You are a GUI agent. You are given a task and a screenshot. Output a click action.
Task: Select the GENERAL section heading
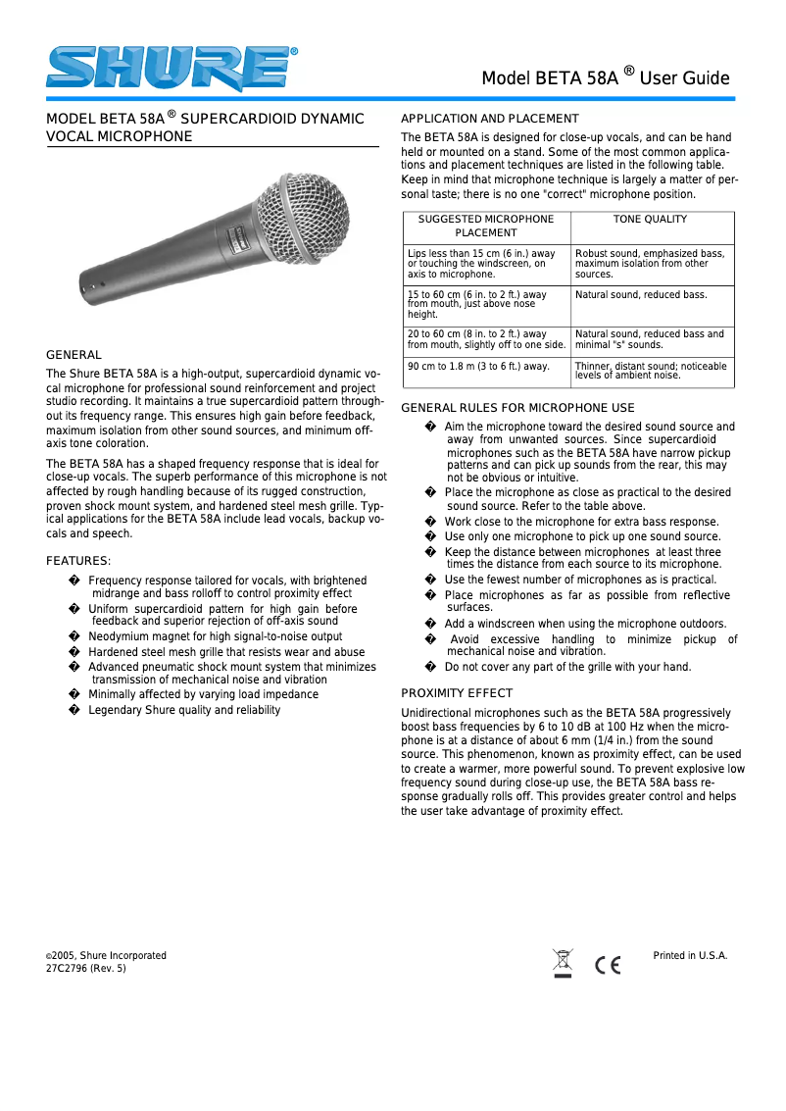[x=74, y=355]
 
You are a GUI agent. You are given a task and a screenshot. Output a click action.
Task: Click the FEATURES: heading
[x=78, y=561]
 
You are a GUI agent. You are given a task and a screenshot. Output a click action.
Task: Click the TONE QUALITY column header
[x=650, y=220]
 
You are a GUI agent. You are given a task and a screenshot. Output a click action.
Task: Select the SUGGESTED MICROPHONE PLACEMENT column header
[x=486, y=226]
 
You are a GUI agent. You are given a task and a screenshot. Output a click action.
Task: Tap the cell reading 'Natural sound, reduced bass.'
[x=641, y=294]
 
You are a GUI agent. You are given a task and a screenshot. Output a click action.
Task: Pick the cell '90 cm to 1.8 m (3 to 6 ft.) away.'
[x=478, y=367]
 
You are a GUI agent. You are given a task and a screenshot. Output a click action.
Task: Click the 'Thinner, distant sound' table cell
[x=651, y=371]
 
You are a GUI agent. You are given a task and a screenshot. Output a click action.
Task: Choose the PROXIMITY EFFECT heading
[x=457, y=693]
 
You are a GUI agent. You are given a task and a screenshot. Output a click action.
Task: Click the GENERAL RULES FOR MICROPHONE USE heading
[x=518, y=408]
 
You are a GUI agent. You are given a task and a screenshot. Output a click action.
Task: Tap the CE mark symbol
[x=608, y=965]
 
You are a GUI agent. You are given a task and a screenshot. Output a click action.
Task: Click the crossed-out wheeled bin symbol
[x=563, y=963]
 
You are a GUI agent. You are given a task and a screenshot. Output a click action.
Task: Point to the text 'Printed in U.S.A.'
[x=690, y=955]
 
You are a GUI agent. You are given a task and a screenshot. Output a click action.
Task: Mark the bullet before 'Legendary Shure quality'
[x=74, y=710]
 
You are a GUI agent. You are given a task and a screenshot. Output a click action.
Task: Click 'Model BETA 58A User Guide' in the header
[x=605, y=78]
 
